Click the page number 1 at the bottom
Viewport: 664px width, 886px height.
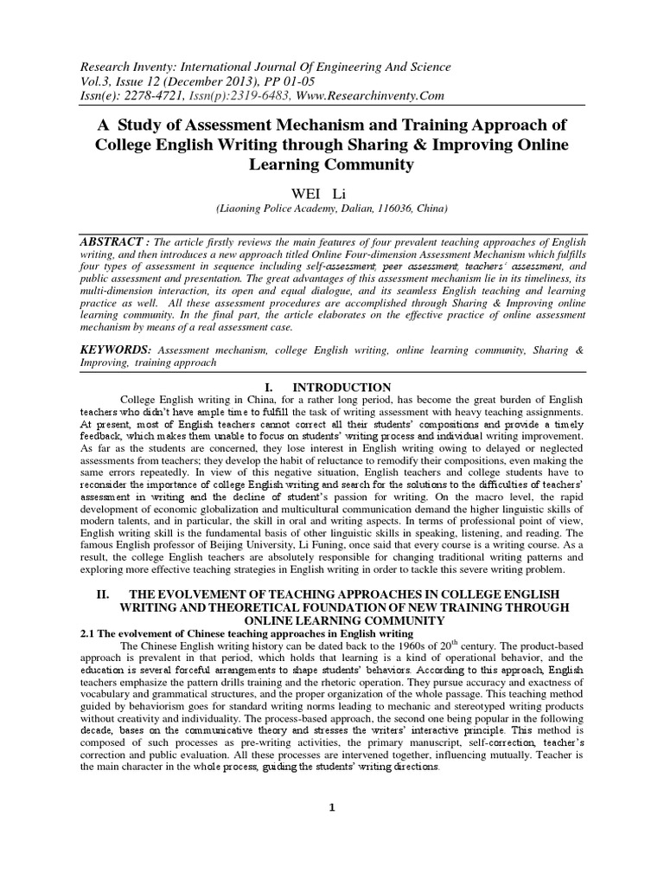click(x=331, y=808)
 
